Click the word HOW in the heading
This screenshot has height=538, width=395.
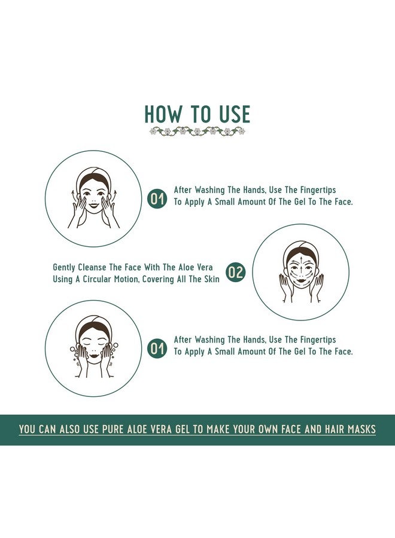pyautogui.click(x=162, y=114)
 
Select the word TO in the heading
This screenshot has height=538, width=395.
pyautogui.click(x=200, y=114)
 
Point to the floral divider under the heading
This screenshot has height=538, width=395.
pyautogui.click(x=197, y=131)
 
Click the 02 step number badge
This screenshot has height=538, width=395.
pyautogui.click(x=236, y=273)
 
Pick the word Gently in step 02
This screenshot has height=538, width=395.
pyautogui.click(x=64, y=268)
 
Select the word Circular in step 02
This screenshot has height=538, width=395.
pyautogui.click(x=97, y=279)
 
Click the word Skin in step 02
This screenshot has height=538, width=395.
pyautogui.click(x=212, y=279)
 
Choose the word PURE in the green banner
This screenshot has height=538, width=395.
pyautogui.click(x=113, y=429)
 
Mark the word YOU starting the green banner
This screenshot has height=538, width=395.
pyautogui.click(x=27, y=429)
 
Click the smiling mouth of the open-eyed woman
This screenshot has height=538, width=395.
pyautogui.click(x=93, y=206)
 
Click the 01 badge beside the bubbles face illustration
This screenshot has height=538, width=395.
pyautogui.click(x=157, y=349)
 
